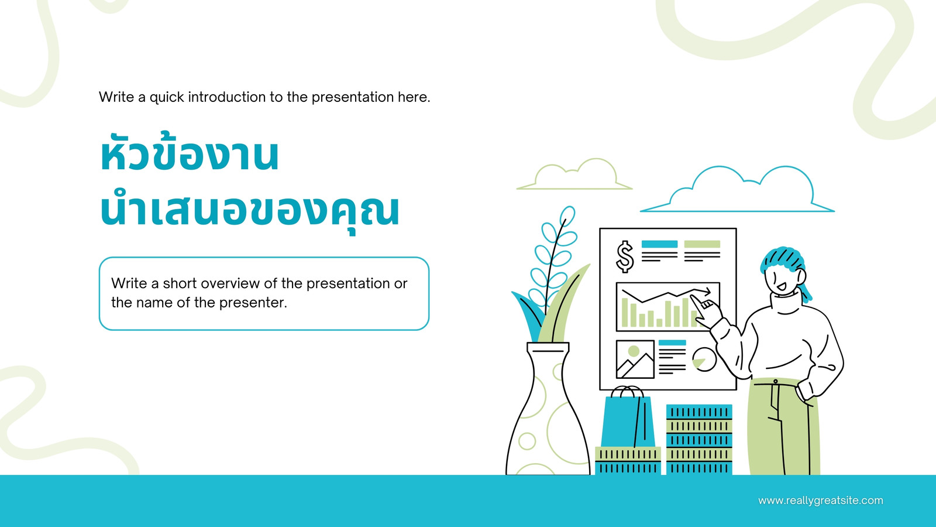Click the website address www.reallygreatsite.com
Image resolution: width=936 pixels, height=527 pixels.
tap(821, 501)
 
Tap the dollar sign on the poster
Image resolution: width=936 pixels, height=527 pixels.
tap(625, 256)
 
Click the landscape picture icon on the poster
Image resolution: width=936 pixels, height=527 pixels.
tap(635, 360)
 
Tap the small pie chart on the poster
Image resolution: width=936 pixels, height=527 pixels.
tap(704, 360)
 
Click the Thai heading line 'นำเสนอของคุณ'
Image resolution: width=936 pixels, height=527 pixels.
tap(250, 211)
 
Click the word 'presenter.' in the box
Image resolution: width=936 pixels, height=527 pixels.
tap(253, 303)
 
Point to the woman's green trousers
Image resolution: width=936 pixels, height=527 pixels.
tap(784, 427)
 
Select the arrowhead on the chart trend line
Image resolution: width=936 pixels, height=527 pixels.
tap(706, 291)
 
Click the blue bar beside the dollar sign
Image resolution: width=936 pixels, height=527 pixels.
tap(659, 244)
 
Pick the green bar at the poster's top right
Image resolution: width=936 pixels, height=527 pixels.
tap(702, 244)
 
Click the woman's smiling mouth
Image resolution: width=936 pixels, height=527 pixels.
tap(781, 288)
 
